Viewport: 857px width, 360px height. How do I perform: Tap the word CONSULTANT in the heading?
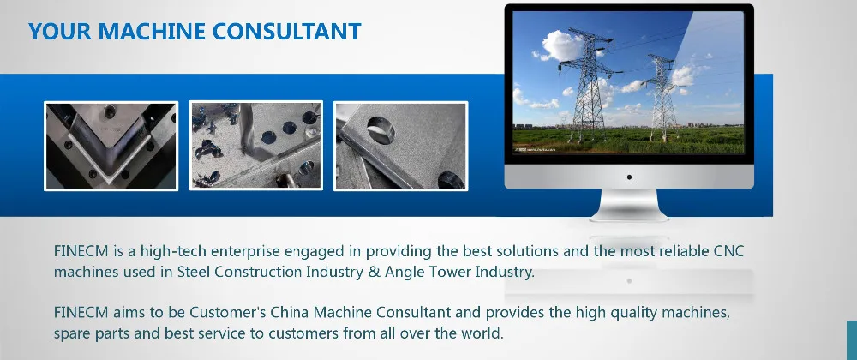coord(286,31)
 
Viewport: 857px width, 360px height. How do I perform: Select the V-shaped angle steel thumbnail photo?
coord(111,146)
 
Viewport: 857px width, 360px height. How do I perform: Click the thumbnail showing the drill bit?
coord(255,146)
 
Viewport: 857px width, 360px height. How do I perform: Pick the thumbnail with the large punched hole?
coord(400,146)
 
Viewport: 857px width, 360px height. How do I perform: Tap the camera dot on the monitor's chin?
coord(629,177)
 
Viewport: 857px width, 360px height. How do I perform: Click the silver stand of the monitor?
coord(629,206)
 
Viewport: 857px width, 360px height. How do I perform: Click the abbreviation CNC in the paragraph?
coord(729,252)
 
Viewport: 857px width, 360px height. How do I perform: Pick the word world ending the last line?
coord(484,333)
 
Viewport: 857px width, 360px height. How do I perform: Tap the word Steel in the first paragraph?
coord(194,272)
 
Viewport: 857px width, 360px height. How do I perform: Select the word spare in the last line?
coord(72,333)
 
